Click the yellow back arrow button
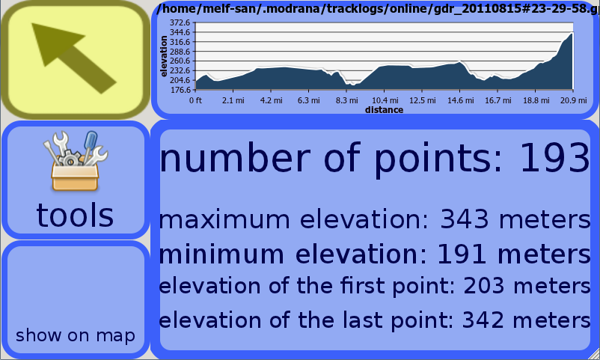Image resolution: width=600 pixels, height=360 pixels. (x=75, y=60)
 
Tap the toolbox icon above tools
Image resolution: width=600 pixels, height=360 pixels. (x=76, y=161)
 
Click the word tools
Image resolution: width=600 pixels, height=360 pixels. (x=75, y=215)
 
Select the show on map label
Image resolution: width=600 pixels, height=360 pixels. (x=76, y=335)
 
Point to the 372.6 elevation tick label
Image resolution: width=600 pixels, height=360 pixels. (x=180, y=23)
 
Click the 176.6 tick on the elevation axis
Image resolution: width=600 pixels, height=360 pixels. (x=180, y=90)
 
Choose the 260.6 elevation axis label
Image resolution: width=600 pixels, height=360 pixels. (x=180, y=61)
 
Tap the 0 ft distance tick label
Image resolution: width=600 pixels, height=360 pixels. (x=195, y=100)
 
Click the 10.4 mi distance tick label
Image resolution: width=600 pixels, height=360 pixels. (x=385, y=100)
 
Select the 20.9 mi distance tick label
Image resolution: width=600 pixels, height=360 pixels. (x=574, y=100)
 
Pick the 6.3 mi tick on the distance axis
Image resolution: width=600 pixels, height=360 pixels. (x=309, y=100)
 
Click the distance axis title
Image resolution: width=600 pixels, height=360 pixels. (x=385, y=110)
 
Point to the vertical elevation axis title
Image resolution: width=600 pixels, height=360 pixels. (x=164, y=56)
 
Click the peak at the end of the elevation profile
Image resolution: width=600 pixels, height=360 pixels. (x=572, y=34)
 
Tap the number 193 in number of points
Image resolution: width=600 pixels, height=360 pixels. (x=555, y=157)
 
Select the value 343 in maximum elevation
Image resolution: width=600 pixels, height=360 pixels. (x=465, y=219)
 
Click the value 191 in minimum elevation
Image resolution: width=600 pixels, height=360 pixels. (x=462, y=254)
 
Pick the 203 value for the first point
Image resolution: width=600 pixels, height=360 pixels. (x=484, y=286)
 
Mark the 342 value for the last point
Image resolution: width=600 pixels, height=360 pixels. (x=483, y=320)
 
